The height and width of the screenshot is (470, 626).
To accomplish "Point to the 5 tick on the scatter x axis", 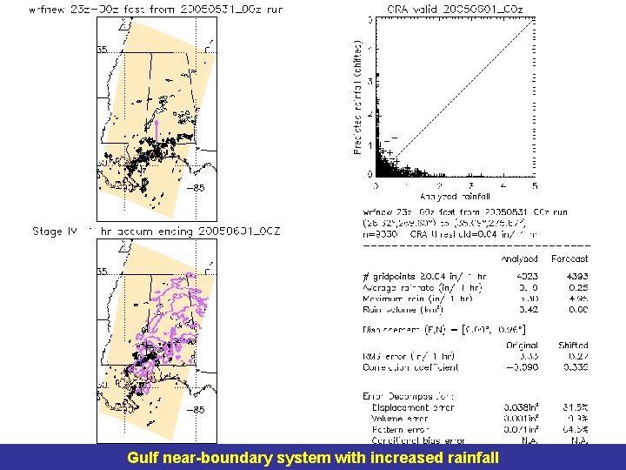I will click(x=533, y=185).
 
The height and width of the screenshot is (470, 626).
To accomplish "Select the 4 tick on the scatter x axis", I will click(x=502, y=185).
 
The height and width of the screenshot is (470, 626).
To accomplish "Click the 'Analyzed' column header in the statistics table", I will click(x=519, y=258).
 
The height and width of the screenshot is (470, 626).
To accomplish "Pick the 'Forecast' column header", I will click(x=569, y=258).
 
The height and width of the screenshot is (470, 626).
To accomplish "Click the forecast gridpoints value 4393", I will click(x=575, y=277).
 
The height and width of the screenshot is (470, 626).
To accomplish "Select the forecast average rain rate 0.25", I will click(x=577, y=287).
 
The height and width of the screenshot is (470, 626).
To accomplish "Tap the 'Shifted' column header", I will click(x=571, y=346).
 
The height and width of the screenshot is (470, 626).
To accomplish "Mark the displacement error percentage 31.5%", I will click(x=576, y=407).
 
